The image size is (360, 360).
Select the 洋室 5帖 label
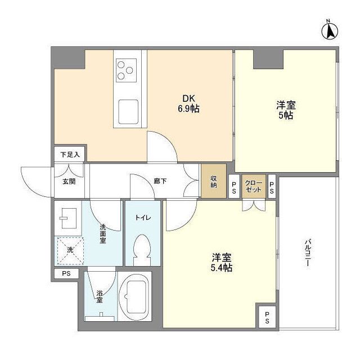point(286,110)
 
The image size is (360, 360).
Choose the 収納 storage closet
point(214,182)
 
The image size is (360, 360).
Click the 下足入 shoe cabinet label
point(70,154)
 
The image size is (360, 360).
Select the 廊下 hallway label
point(160,182)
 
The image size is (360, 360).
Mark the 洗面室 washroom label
point(103,234)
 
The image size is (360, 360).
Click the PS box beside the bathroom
point(67,274)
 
